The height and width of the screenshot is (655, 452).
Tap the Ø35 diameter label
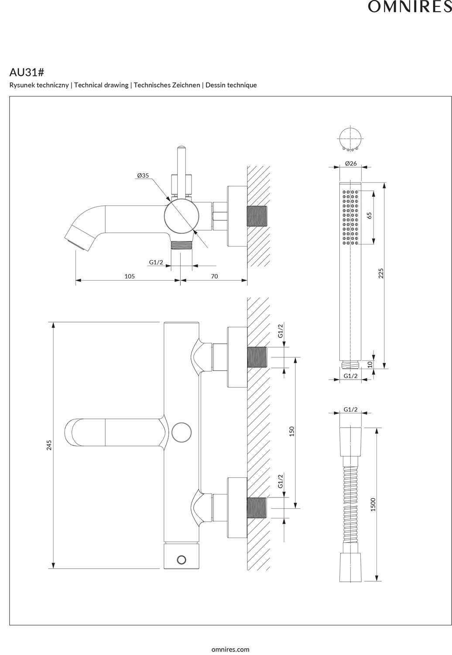pos(143,175)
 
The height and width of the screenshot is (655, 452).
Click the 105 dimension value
pos(130,276)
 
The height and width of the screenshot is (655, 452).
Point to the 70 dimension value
pos(214,276)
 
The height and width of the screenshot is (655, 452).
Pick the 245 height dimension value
pos(49,445)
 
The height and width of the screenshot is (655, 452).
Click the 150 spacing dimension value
pos(292,431)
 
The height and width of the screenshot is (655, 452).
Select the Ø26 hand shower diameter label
pos(351,163)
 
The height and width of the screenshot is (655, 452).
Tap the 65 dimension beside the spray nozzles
pos(369,215)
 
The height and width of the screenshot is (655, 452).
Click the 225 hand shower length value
pos(380,274)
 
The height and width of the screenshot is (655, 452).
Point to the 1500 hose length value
pos(373,504)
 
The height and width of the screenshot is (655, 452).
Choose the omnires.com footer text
pos(230,649)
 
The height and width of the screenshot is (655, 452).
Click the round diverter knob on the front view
pos(181,432)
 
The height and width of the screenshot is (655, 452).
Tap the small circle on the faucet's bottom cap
pos(181,559)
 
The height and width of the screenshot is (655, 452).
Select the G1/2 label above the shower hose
pos(350,409)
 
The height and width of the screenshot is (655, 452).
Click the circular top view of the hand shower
pos(350,139)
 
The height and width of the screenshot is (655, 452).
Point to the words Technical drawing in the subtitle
pos(101,85)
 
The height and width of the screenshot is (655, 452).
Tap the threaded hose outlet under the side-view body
pos(181,246)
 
